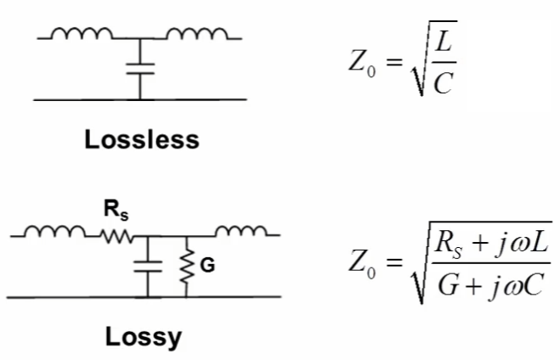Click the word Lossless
pyautogui.click(x=141, y=139)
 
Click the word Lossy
pyautogui.click(x=143, y=337)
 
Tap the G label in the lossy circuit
pyautogui.click(x=207, y=266)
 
